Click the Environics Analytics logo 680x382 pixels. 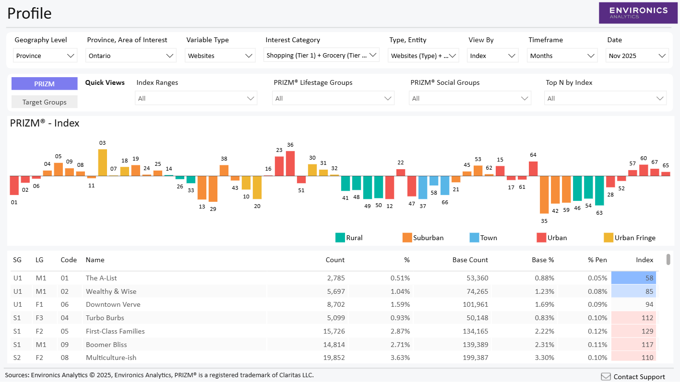pos(638,13)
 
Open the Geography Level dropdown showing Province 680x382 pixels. pos(45,56)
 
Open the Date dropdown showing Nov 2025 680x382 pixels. pos(637,56)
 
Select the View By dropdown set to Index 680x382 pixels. pos(493,56)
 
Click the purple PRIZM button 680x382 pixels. pos(44,84)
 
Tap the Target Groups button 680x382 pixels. pos(44,102)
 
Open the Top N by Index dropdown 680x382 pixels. pos(605,98)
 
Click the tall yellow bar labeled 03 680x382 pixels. pos(103,162)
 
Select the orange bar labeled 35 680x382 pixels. pos(544,194)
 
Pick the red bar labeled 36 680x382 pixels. pos(290,163)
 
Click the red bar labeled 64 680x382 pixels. pos(533,169)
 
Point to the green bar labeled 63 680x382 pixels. pos(599,190)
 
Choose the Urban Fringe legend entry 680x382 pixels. pos(629,238)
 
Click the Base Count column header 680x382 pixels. pos(470,260)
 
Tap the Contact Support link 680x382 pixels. pos(633,377)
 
